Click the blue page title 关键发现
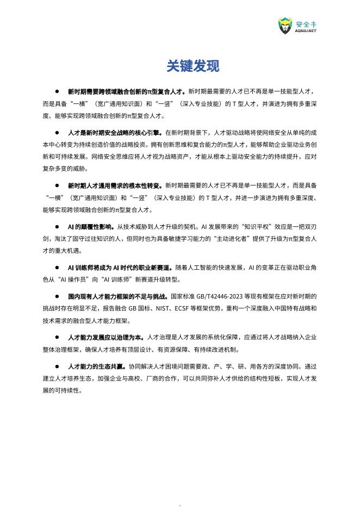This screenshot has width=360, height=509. [x=193, y=66]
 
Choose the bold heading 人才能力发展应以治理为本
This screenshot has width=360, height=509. [x=107, y=337]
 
